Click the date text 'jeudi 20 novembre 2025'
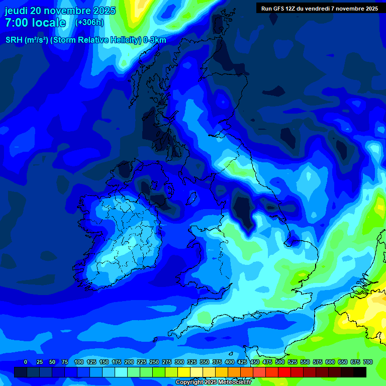[x=60, y=11]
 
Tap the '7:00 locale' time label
[x=35, y=23]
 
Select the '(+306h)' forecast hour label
[x=89, y=23]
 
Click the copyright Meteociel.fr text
[x=213, y=382]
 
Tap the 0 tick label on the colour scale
[x=26, y=362]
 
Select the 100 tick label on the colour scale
[x=78, y=362]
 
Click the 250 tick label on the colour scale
[x=154, y=362]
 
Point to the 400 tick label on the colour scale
[x=229, y=362]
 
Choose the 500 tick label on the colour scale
[x=279, y=362]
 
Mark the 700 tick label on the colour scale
[x=367, y=362]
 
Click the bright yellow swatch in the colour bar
[x=184, y=372]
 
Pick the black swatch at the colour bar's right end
[x=360, y=372]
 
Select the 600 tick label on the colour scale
[x=330, y=362]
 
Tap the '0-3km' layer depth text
[x=155, y=40]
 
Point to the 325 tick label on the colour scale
[x=191, y=362]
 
